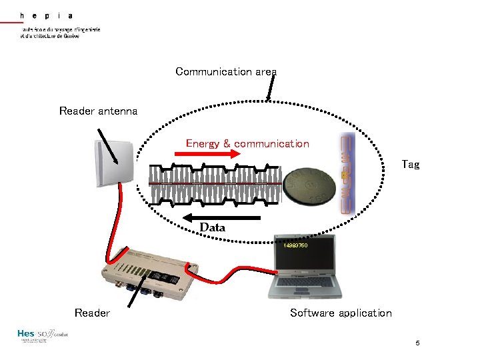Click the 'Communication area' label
[226, 71]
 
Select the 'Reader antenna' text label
[98, 111]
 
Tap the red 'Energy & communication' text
[247, 143]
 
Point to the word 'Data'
[213, 228]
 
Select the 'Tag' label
[411, 164]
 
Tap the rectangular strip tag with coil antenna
[345, 173]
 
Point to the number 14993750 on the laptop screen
[295, 246]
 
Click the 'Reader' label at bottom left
[92, 313]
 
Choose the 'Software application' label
[341, 313]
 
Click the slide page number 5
[417, 343]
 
